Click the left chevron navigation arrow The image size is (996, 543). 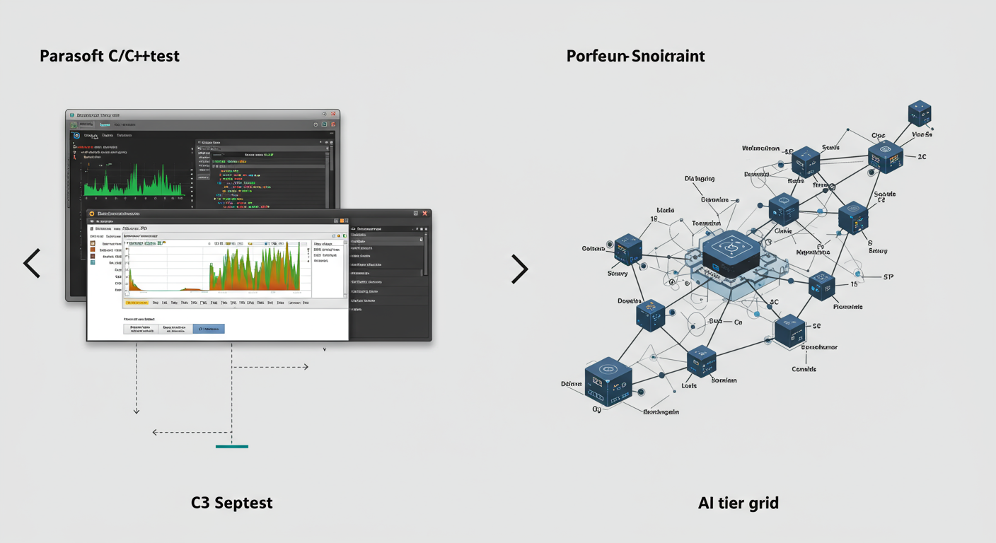click(x=32, y=263)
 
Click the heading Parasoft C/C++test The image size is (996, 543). click(x=110, y=56)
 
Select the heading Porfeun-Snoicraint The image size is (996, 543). click(x=635, y=56)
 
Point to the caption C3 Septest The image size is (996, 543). click(x=231, y=503)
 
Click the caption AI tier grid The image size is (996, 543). click(x=738, y=503)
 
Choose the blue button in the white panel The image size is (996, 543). click(x=209, y=329)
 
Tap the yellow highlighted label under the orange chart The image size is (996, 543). click(x=137, y=303)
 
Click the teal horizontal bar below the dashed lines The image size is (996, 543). click(x=231, y=446)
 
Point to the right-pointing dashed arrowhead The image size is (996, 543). click(x=306, y=367)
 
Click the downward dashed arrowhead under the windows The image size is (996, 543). click(x=137, y=410)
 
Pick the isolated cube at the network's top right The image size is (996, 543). click(x=919, y=113)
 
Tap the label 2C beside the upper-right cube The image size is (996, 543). click(x=921, y=157)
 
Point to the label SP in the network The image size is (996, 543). click(x=888, y=277)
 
